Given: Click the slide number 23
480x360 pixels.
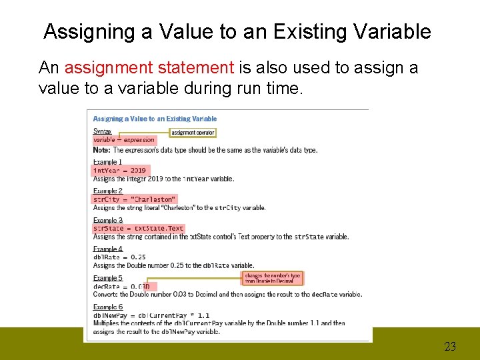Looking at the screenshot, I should pos(450,346).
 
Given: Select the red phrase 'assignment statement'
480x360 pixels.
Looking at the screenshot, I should pos(149,68).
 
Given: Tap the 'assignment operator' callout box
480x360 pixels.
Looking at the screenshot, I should pos(193,133).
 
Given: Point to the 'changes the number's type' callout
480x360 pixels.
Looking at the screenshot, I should pos(272,278).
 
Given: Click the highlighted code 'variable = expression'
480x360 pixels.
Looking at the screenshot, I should pos(123,140).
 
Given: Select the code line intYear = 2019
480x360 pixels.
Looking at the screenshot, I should pos(119,170).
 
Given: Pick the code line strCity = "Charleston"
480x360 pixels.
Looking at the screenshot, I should pos(134,199).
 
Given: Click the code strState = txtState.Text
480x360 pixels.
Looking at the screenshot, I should pos(138,228).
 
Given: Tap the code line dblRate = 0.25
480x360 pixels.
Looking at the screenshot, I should pos(119,257).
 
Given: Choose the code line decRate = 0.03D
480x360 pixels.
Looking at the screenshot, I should pos(121,286).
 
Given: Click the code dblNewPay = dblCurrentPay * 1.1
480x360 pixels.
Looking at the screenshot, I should pos(151,315).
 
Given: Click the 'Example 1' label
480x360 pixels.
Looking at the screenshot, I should pos(107,162).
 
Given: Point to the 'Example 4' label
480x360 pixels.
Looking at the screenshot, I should pos(107,249).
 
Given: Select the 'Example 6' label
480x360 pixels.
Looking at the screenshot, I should pos(107,307).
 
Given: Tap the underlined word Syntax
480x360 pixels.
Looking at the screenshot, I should pos(102,131).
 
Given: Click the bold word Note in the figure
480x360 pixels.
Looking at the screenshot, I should pos(101,150).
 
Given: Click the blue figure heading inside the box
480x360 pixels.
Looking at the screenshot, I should pos(155,119).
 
